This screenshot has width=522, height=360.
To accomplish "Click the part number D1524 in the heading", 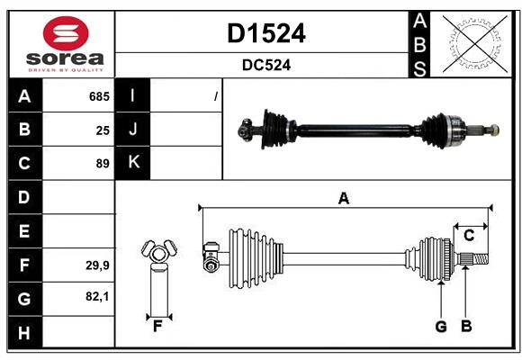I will click(x=265, y=33).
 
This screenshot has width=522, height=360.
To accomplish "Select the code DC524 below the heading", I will click(x=265, y=65).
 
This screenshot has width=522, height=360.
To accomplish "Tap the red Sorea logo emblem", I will click(x=65, y=34).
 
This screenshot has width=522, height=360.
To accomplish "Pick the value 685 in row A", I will click(x=99, y=96).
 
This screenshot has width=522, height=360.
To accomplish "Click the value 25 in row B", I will click(x=103, y=130).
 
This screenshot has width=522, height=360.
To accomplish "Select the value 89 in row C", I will click(x=103, y=164).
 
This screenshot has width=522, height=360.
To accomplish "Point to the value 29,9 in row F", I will click(x=97, y=265).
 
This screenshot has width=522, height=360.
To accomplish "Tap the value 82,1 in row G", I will click(x=97, y=296).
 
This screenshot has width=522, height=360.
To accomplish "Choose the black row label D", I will click(x=24, y=197).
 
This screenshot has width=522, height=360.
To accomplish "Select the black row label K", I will click(x=133, y=163).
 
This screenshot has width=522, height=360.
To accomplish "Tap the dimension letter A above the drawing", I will click(x=343, y=198).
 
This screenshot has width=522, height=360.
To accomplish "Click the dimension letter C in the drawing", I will click(x=469, y=236).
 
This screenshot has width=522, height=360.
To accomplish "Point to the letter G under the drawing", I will click(x=441, y=327).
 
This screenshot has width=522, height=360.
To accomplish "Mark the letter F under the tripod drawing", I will click(x=157, y=327).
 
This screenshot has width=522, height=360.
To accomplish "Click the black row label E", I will click(x=24, y=231).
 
